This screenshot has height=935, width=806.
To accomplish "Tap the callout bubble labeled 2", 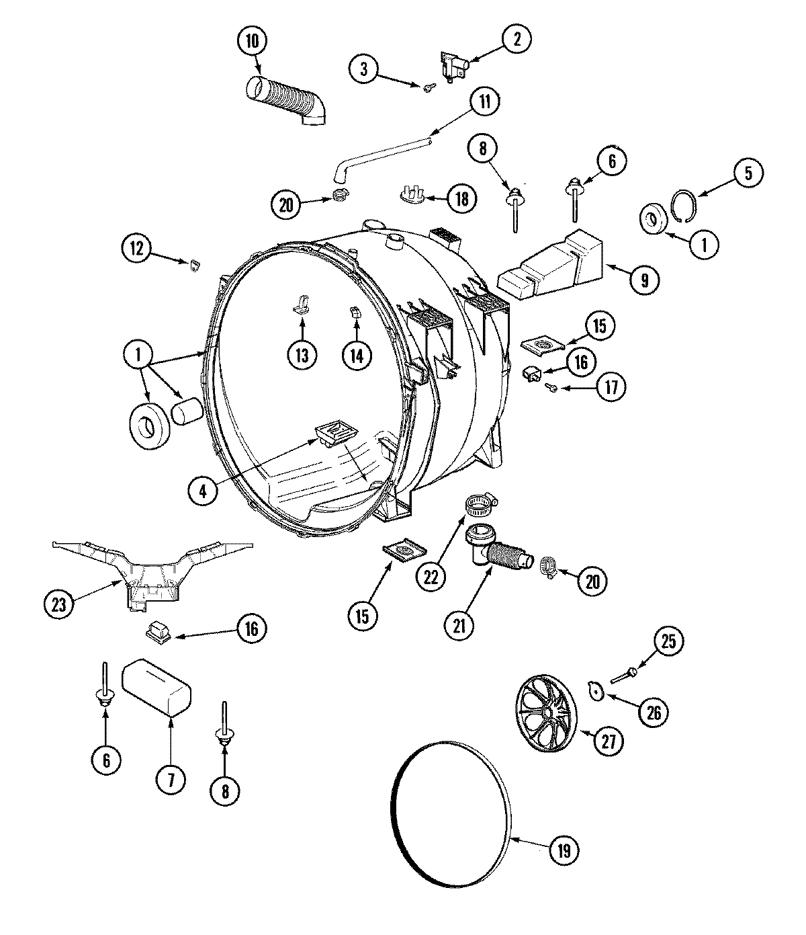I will coord(516,39).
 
